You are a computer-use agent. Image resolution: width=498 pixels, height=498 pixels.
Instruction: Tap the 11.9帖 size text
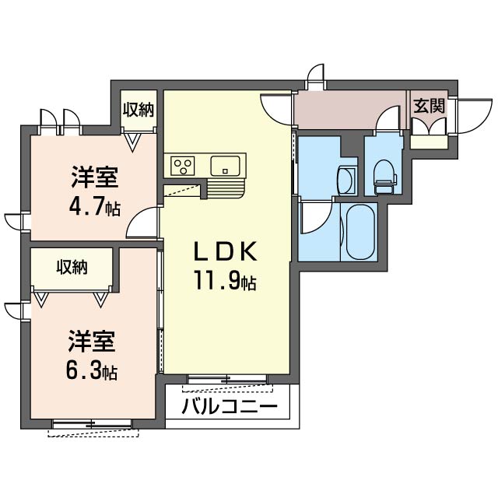[x=225, y=281]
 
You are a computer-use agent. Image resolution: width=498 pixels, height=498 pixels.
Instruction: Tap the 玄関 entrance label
[x=428, y=106]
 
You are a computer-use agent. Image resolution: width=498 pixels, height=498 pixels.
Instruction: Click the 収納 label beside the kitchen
[x=139, y=109]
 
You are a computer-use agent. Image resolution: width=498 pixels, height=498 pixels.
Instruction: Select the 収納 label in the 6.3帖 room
[x=72, y=268]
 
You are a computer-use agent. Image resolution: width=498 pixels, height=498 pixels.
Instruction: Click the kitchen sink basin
[x=226, y=165]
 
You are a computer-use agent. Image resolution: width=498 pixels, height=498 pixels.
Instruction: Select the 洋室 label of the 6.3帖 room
[x=92, y=341]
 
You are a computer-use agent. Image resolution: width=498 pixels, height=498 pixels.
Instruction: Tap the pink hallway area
[x=350, y=109]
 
